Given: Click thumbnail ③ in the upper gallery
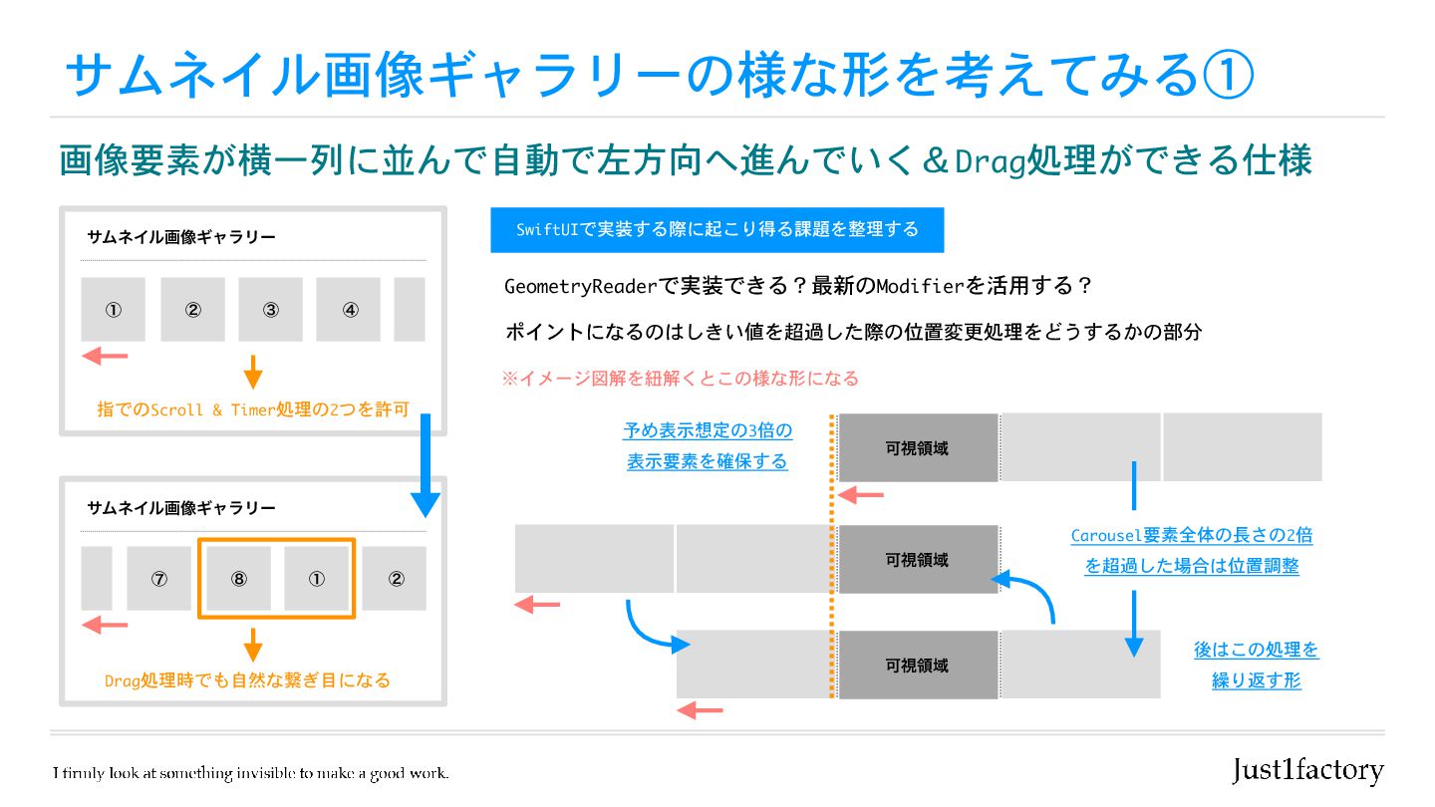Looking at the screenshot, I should (x=270, y=310).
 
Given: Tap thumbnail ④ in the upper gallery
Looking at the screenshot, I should (x=349, y=310).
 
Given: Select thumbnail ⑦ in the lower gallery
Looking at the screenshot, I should (x=158, y=578).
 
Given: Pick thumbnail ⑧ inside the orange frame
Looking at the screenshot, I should (x=237, y=578).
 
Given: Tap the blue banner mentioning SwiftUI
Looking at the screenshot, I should (x=717, y=230).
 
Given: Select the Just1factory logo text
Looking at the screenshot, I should (x=1307, y=770).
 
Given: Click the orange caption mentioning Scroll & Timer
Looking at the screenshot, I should (x=253, y=408).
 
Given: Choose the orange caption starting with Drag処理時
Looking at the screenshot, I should (x=247, y=680).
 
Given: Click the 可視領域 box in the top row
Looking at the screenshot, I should (x=917, y=448).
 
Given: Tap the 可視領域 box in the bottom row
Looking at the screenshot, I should (x=917, y=665).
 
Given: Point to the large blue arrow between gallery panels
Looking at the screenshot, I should (x=426, y=468).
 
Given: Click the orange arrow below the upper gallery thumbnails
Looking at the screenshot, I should (x=253, y=371).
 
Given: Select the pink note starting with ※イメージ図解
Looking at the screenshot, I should (x=681, y=379).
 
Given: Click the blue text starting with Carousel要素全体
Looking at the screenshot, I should (x=1192, y=536).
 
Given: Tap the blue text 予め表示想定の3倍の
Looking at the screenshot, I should (x=708, y=431).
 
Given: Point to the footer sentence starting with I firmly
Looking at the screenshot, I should (x=251, y=773).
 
